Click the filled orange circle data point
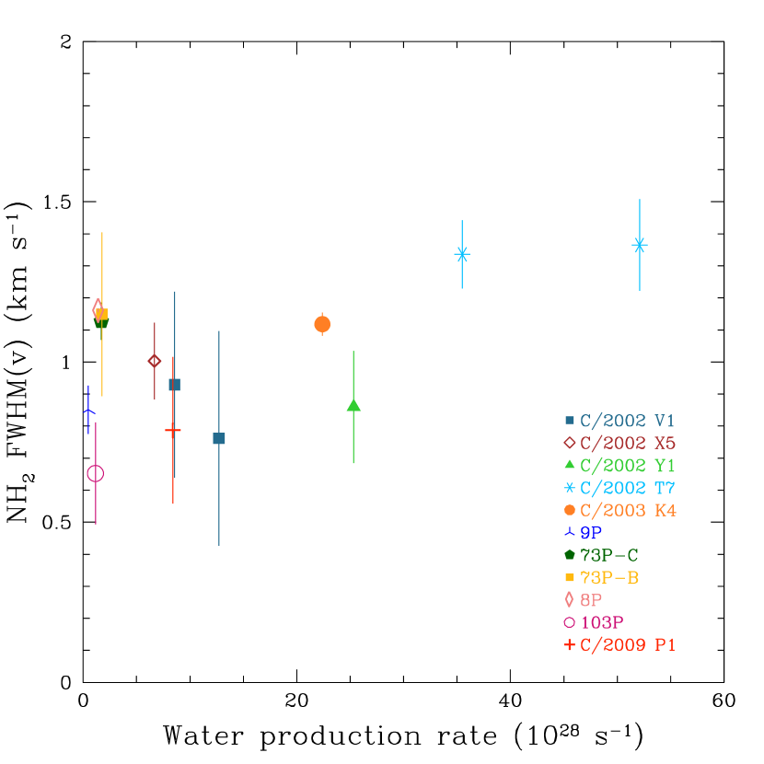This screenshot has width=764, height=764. click(x=322, y=324)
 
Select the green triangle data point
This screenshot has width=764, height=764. click(x=353, y=405)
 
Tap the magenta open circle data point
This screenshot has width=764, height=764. click(x=96, y=473)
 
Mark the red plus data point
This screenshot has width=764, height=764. click(x=173, y=430)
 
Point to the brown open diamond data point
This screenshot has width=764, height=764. click(x=155, y=361)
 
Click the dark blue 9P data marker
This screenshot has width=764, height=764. click(x=88, y=410)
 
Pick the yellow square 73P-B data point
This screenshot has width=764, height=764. click(x=102, y=314)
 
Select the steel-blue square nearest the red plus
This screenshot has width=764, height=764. click(x=174, y=385)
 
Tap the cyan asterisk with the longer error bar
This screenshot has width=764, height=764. click(x=640, y=245)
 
